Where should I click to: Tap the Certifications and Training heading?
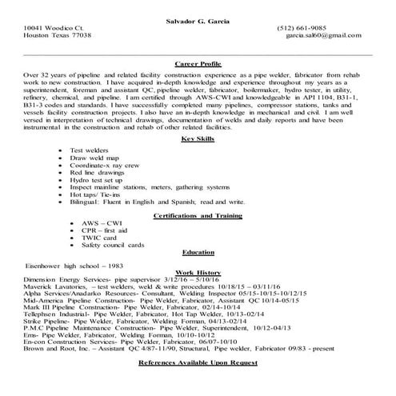pyautogui.click(x=198, y=216)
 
